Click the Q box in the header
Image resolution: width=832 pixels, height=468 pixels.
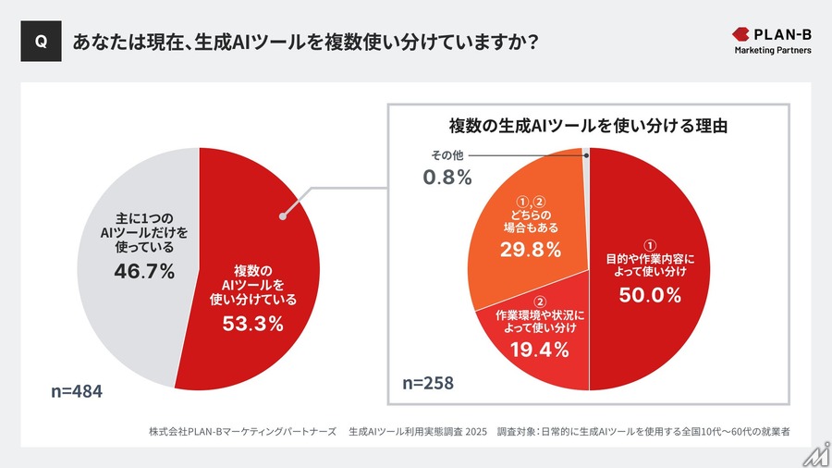(40, 43)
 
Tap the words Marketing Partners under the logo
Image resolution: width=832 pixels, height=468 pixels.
(773, 51)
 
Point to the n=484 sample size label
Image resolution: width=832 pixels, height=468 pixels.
(76, 392)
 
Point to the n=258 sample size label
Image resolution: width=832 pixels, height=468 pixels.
(427, 383)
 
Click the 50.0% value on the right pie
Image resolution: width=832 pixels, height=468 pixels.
(650, 295)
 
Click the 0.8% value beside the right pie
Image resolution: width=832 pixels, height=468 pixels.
(447, 176)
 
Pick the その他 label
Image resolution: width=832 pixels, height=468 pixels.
(447, 154)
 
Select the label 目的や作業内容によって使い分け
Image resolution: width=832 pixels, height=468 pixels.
(650, 265)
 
